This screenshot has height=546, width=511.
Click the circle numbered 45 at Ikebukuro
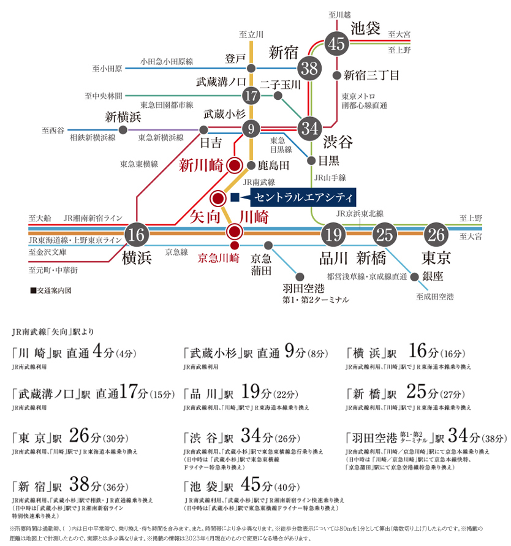point(336,43)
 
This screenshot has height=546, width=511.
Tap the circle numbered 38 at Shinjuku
point(310,69)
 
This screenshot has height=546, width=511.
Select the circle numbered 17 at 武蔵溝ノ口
point(251,96)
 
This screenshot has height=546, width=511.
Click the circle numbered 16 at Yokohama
point(137,233)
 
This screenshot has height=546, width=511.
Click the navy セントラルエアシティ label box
point(302,197)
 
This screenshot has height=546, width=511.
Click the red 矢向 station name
point(205,215)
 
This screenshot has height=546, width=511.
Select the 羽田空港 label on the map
point(301,289)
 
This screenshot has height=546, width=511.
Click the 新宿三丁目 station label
point(371,75)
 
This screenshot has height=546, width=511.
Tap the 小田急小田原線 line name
point(167,61)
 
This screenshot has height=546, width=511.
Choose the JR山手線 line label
point(330,177)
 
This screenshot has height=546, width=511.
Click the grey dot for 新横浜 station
point(123,131)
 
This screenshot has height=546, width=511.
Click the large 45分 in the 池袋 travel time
point(252,485)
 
